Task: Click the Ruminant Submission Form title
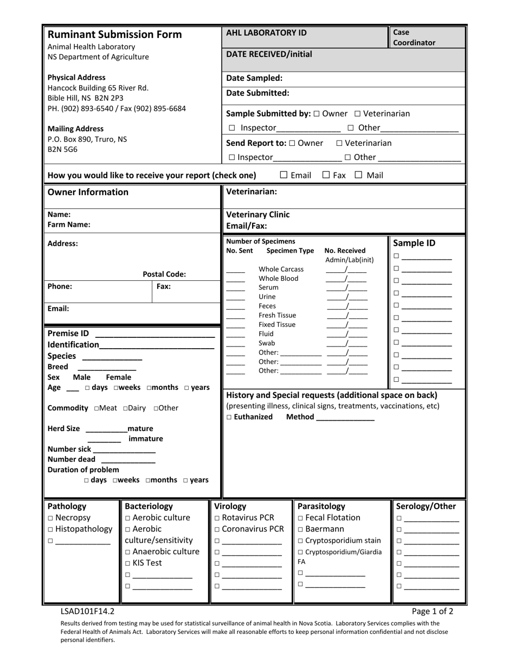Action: (x=115, y=35)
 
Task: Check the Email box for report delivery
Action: (x=284, y=175)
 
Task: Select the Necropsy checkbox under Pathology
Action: (x=50, y=518)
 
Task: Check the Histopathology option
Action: (x=50, y=529)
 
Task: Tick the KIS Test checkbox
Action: (x=128, y=563)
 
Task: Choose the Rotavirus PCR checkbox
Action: (x=217, y=518)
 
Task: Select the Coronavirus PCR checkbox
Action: (x=217, y=529)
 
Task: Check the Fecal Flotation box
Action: (x=301, y=518)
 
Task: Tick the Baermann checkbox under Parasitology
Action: (x=301, y=529)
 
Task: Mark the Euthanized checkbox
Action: (x=229, y=417)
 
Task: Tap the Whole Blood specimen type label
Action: (x=278, y=278)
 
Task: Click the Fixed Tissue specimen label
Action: (x=277, y=324)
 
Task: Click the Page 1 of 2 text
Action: (x=432, y=611)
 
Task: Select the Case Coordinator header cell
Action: (x=427, y=37)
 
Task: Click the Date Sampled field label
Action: (x=254, y=78)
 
